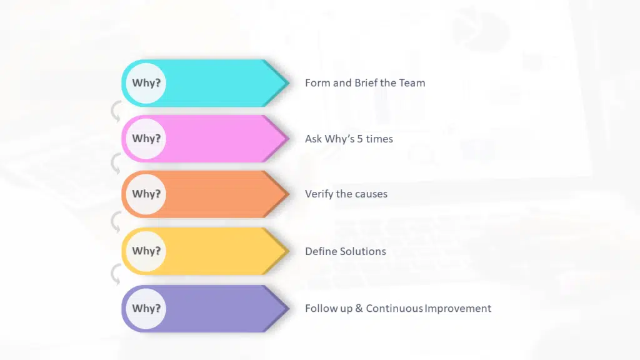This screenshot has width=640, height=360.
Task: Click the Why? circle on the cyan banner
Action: point(146,82)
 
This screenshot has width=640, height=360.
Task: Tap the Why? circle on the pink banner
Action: point(146,138)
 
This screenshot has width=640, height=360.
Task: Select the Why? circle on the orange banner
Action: point(146,194)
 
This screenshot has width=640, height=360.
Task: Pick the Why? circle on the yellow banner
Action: point(146,251)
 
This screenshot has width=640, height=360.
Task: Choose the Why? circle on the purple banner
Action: point(146,308)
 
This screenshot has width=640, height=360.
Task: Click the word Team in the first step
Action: point(411,82)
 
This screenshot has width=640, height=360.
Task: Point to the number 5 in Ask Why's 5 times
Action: point(360,139)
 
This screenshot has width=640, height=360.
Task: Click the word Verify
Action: point(319,194)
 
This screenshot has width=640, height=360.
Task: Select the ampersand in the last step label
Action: point(359,308)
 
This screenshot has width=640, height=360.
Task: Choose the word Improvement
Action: point(458,308)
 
